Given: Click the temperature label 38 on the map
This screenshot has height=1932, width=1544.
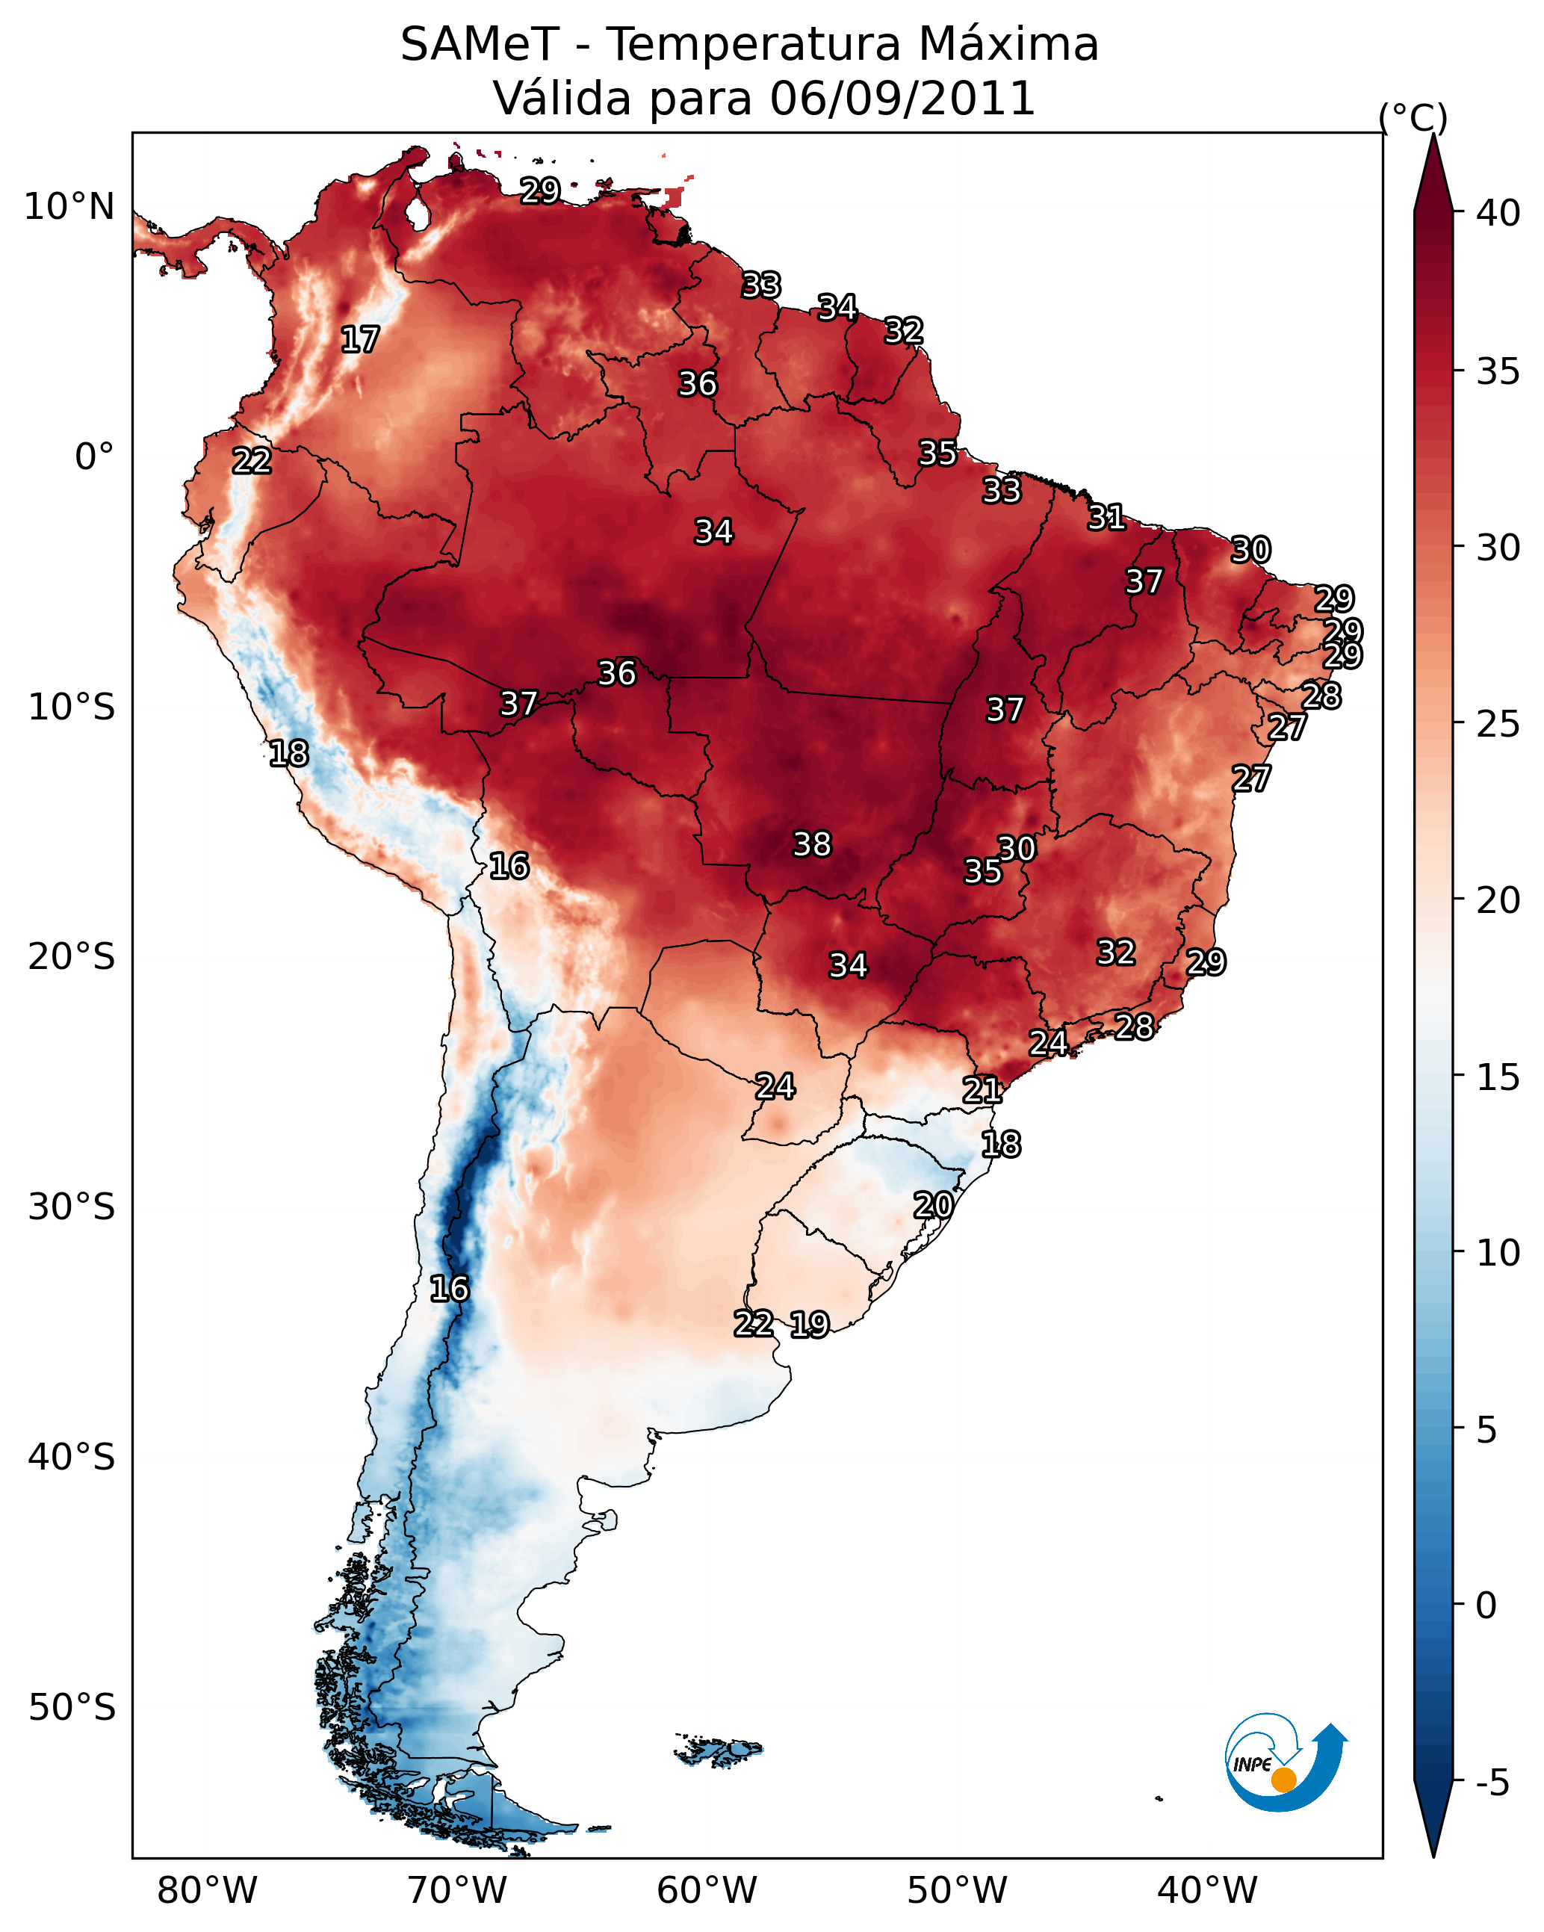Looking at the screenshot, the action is (x=812, y=844).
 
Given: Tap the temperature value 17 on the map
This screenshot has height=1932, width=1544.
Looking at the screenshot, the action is (x=360, y=340).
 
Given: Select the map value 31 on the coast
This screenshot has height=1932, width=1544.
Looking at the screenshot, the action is (x=1107, y=517).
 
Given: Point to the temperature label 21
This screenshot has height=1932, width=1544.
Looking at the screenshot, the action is (x=982, y=1090).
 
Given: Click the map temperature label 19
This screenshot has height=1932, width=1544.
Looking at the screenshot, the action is (x=810, y=1324).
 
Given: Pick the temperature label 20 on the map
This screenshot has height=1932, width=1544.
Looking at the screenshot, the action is (x=933, y=1205).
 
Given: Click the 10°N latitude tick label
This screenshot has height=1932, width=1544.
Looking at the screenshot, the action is (x=69, y=207).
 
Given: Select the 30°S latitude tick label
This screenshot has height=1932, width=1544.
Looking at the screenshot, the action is (x=72, y=1207).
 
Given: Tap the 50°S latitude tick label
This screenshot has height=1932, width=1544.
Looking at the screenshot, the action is (x=72, y=1708).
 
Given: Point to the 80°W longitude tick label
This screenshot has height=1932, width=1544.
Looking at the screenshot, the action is (x=207, y=1891).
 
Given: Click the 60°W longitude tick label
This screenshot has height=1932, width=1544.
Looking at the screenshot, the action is (x=707, y=1891).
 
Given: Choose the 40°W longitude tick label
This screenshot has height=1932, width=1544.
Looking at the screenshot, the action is (x=1207, y=1891).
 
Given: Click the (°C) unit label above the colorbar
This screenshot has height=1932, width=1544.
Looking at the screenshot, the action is (x=1413, y=118).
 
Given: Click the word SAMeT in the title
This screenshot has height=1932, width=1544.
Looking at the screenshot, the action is (x=480, y=45).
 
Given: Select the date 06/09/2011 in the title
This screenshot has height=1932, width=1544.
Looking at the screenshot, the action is (x=902, y=99).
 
